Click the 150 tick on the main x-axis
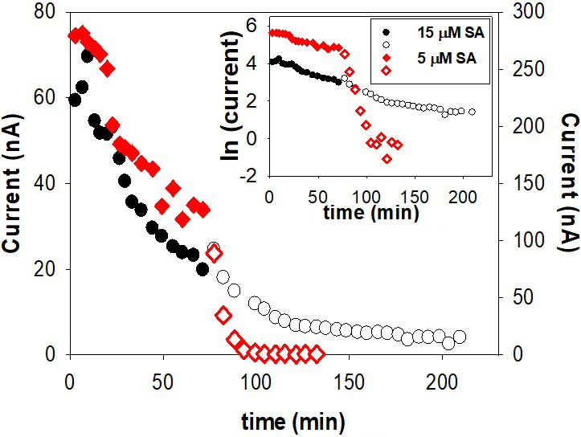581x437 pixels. pyautogui.click(x=350, y=378)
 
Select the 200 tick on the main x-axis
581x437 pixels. pyautogui.click(x=443, y=378)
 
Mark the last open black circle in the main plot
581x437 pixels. pyautogui.click(x=460, y=337)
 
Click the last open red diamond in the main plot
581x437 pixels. pyautogui.click(x=317, y=353)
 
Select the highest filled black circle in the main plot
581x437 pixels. pyautogui.click(x=88, y=55)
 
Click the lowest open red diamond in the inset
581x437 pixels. pyautogui.click(x=387, y=158)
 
